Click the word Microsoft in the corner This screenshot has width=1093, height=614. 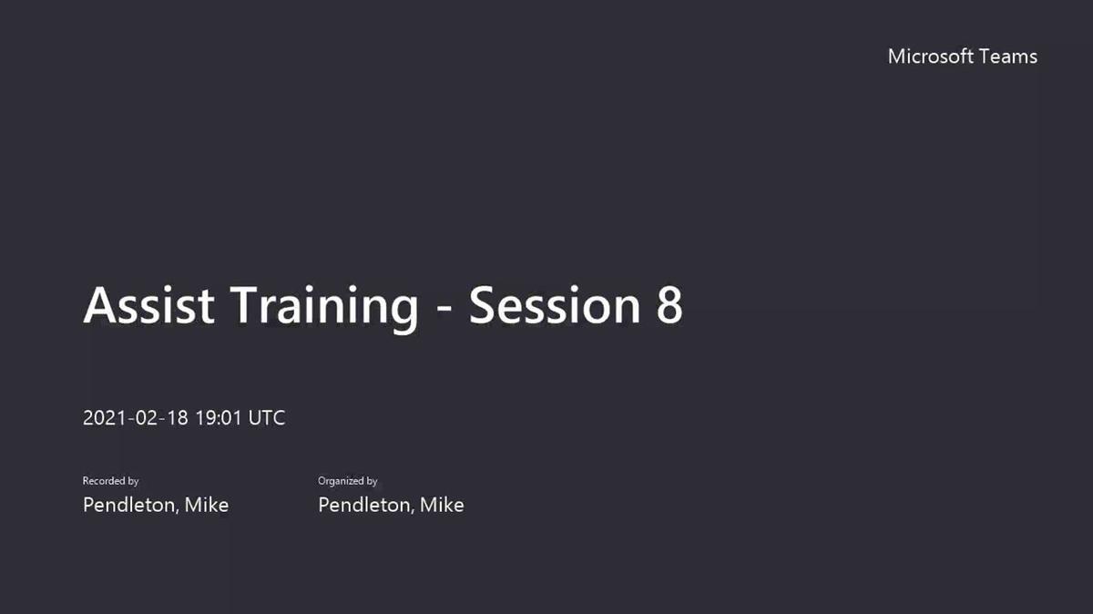tap(931, 56)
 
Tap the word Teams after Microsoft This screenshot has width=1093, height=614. tap(1008, 56)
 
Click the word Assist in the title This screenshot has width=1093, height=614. tap(148, 305)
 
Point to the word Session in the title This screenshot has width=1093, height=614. tap(555, 305)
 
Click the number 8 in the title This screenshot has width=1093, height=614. tap(669, 305)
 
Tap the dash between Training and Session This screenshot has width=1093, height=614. tap(444, 309)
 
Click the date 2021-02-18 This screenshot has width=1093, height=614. tap(135, 418)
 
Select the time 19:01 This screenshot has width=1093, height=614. tap(219, 418)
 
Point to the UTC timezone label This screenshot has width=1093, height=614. tap(266, 418)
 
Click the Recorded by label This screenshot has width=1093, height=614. tap(111, 481)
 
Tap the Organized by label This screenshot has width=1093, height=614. tap(347, 481)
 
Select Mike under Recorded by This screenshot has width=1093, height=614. tap(207, 506)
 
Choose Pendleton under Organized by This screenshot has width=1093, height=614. tap(365, 506)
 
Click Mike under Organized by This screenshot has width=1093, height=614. tap(442, 506)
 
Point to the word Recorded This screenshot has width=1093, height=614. tap(104, 481)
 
